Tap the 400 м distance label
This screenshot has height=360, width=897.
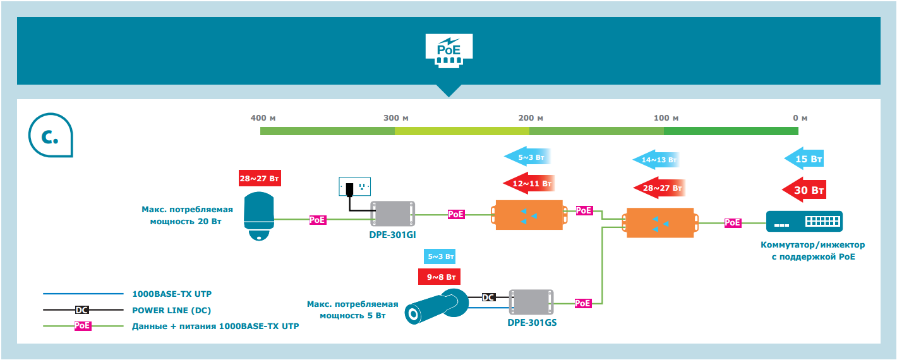coord(263,118)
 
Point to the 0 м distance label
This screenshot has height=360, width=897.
coord(800,118)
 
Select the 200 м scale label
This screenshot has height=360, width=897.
coord(531,118)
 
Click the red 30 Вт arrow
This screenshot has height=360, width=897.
coord(804,189)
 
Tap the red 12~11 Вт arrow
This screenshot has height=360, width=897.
coord(530,184)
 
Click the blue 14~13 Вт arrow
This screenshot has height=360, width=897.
coord(657,160)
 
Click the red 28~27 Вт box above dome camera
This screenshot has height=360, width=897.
coord(259,177)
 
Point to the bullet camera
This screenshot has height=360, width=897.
coord(435,307)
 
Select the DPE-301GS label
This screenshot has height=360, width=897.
coord(532,322)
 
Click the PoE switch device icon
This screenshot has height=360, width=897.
coord(804,221)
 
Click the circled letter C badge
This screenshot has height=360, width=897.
coord(51,136)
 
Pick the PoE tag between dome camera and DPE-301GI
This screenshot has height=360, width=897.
coord(318,220)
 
